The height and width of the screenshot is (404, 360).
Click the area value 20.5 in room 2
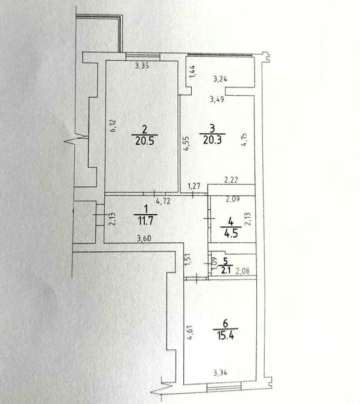(x=145, y=140)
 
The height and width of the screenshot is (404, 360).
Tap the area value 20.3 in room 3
(x=213, y=140)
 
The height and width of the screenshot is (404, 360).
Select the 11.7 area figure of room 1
(x=145, y=221)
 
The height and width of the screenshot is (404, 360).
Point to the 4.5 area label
(x=231, y=233)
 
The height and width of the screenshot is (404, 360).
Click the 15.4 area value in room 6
(x=226, y=335)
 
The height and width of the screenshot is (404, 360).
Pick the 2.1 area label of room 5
(x=226, y=270)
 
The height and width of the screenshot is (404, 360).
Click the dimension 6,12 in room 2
(x=113, y=126)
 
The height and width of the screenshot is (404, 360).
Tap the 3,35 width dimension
(x=142, y=66)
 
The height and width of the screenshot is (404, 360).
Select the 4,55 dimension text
(x=186, y=144)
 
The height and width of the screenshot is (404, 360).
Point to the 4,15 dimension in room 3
(x=244, y=139)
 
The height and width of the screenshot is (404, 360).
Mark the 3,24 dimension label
(x=220, y=79)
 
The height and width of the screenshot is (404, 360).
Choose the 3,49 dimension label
(x=217, y=99)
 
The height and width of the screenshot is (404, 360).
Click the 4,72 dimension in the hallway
(x=163, y=201)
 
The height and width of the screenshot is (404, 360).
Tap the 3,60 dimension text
(x=144, y=238)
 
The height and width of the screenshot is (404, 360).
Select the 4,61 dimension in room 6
(x=189, y=333)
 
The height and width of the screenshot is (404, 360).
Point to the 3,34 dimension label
(x=220, y=373)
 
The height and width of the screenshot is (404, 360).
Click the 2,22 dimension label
(x=231, y=180)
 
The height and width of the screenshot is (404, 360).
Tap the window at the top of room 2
(x=143, y=57)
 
